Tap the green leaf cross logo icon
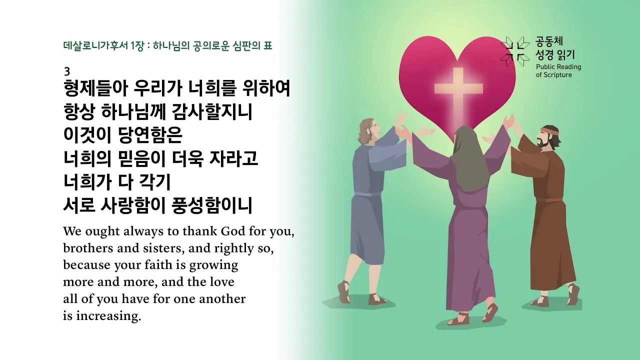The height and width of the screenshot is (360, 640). click(x=515, y=51)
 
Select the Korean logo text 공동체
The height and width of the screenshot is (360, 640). click(x=549, y=41)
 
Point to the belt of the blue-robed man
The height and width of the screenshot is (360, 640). click(x=367, y=193)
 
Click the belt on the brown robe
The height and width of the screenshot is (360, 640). click(x=552, y=199)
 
